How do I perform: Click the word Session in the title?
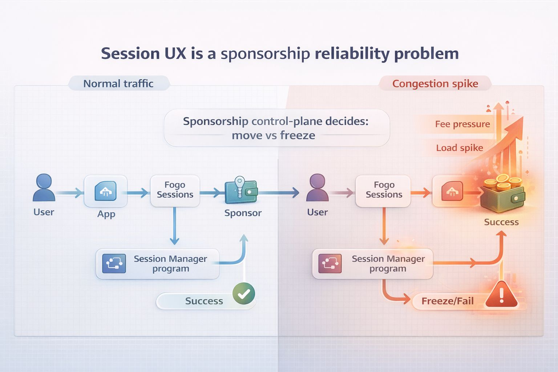(130, 54)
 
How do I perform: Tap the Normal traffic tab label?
(118, 84)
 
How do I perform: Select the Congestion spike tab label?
(435, 84)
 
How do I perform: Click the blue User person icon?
(44, 187)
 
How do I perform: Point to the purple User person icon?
(317, 187)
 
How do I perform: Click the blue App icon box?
(106, 191)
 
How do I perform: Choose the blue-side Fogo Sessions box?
(175, 190)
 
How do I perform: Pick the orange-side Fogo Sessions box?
(384, 190)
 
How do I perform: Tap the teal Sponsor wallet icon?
(241, 190)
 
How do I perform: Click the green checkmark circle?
(243, 294)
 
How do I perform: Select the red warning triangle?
(501, 295)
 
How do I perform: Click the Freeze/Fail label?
(447, 301)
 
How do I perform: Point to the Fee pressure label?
(462, 124)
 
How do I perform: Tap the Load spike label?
(459, 148)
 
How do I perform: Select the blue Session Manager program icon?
(114, 263)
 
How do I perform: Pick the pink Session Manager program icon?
(330, 263)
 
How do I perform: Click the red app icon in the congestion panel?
(452, 191)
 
